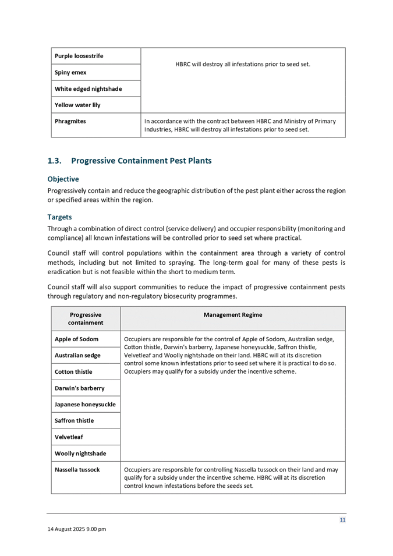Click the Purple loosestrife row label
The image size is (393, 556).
coord(79,56)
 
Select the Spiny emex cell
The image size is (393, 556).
coord(70,72)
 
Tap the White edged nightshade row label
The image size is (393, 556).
coord(88,88)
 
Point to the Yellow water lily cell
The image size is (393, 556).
coord(77,105)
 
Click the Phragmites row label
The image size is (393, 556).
coord(70,121)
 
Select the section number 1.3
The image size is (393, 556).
coord(55,160)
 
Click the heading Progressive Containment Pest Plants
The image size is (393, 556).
coord(141,160)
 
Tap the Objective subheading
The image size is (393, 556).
coord(63,179)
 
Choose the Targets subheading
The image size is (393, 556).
coord(60,217)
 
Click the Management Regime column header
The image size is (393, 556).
coord(233,314)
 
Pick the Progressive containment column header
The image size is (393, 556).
coord(86,318)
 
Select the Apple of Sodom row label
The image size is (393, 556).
coord(77,339)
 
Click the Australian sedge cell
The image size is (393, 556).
coord(77,355)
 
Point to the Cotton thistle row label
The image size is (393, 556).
coord(73,371)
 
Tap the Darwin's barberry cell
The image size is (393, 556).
coord(80,388)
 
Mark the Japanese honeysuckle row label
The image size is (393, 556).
coord(85,404)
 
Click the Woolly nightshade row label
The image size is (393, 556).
coord(80,453)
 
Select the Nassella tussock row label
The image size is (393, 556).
coord(77,469)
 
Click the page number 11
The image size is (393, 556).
coord(342,519)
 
